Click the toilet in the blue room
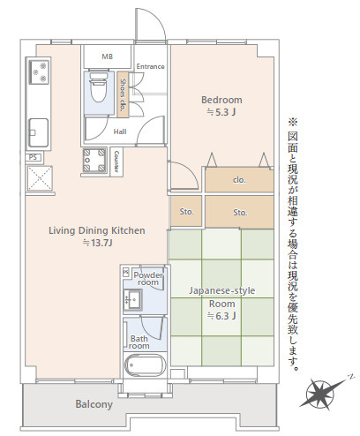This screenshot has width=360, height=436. [x=98, y=87]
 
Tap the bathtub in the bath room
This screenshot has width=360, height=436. [x=145, y=365]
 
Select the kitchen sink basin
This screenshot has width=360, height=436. [x=38, y=132]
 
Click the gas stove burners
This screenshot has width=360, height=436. [x=39, y=71]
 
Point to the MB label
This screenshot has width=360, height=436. [x=107, y=56]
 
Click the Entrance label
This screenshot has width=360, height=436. [x=150, y=66]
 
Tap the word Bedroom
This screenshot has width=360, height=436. [x=221, y=100]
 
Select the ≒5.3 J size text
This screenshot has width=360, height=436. [x=221, y=112]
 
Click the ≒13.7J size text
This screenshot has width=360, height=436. [x=98, y=243]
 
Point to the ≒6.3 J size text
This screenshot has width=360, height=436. [x=221, y=316]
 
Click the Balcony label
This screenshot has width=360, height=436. [x=94, y=404]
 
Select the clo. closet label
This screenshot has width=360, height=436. [x=239, y=179]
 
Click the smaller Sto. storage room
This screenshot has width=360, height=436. [x=186, y=212]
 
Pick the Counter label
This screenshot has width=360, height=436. [x=116, y=162]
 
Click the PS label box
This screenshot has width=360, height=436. [x=34, y=157]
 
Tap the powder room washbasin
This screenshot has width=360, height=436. [x=132, y=299]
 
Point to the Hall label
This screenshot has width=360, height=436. [x=120, y=132]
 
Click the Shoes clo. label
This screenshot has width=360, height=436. [x=123, y=94]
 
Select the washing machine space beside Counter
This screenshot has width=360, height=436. [x=94, y=160]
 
